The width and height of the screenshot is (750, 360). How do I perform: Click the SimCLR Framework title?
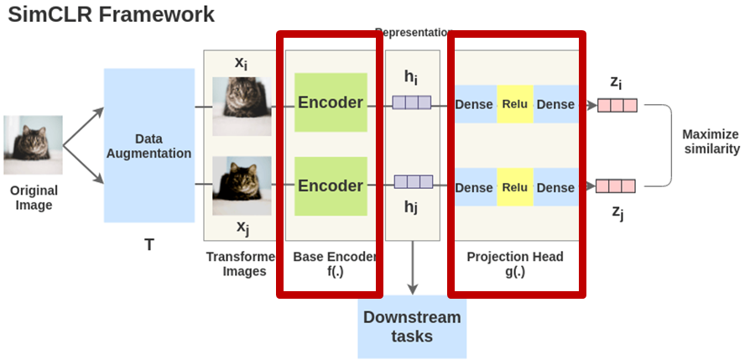pos(112,14)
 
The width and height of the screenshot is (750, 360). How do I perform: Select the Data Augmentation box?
pos(149,145)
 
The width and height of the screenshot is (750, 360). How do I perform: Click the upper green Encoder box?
pos(331,102)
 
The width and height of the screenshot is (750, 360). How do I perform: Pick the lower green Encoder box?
pos(331,185)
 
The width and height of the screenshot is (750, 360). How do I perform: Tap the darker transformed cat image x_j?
pos(242,185)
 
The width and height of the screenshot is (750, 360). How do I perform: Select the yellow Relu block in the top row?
pos(514,104)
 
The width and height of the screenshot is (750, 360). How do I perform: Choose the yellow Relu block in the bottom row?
pos(514,187)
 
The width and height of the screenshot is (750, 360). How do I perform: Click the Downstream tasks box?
pos(412,327)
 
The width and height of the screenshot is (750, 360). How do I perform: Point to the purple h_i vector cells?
pos(411,102)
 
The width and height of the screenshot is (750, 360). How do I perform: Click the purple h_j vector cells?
pos(413,181)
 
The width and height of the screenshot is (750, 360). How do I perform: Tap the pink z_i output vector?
pos(617,105)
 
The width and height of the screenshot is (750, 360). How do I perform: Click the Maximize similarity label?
pos(711,141)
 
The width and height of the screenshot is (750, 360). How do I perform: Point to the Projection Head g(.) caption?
pos(515,263)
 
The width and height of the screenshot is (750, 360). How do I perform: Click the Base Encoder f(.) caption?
pos(335,263)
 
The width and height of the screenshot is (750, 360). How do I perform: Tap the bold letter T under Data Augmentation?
pos(149,245)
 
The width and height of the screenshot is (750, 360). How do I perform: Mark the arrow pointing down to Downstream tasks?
pos(412,269)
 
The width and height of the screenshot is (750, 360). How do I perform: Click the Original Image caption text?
pos(34,198)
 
